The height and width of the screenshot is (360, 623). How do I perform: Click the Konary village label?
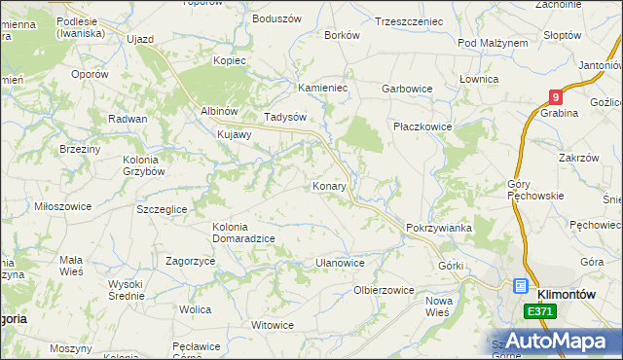pos(329,186)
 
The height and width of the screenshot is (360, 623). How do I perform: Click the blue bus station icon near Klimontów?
pos(521,287)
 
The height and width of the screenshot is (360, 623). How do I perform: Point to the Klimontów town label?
pos(566,288)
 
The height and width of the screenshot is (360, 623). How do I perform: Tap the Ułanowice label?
pos(340,263)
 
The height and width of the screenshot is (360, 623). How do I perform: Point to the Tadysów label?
pos(285,117)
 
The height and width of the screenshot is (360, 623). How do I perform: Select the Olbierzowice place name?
pos(385,290)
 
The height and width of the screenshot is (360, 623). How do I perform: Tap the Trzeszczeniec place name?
pos(409,20)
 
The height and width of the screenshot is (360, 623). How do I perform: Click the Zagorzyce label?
pos(190,262)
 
